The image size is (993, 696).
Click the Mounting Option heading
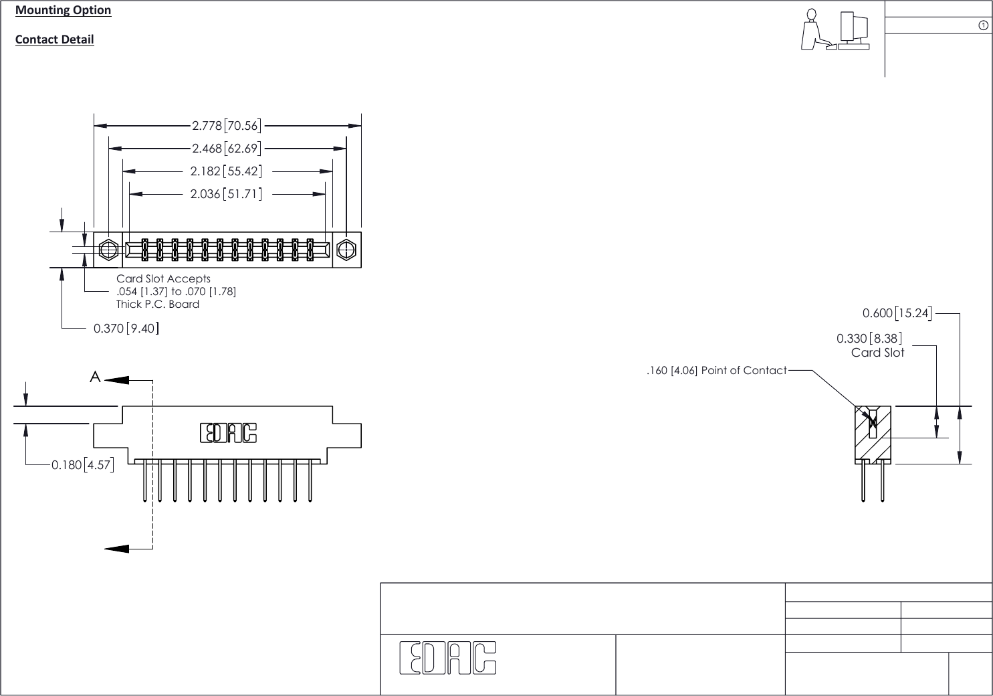63,10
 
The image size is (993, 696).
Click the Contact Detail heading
54,39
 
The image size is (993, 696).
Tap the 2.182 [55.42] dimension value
226,171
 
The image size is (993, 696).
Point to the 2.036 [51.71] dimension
226,194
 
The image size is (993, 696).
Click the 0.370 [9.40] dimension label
126,329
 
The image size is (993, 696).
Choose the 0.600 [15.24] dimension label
897,313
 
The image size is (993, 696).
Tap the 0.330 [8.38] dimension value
869,339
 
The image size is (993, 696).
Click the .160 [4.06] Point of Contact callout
716,370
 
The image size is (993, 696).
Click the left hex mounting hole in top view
108,250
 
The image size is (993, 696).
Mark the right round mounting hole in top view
346,250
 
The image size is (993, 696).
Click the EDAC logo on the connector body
228,434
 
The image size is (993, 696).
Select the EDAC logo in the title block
448,658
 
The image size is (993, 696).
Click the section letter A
96,377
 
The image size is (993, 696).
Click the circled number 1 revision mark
983,25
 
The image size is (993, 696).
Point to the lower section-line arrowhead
117,549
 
